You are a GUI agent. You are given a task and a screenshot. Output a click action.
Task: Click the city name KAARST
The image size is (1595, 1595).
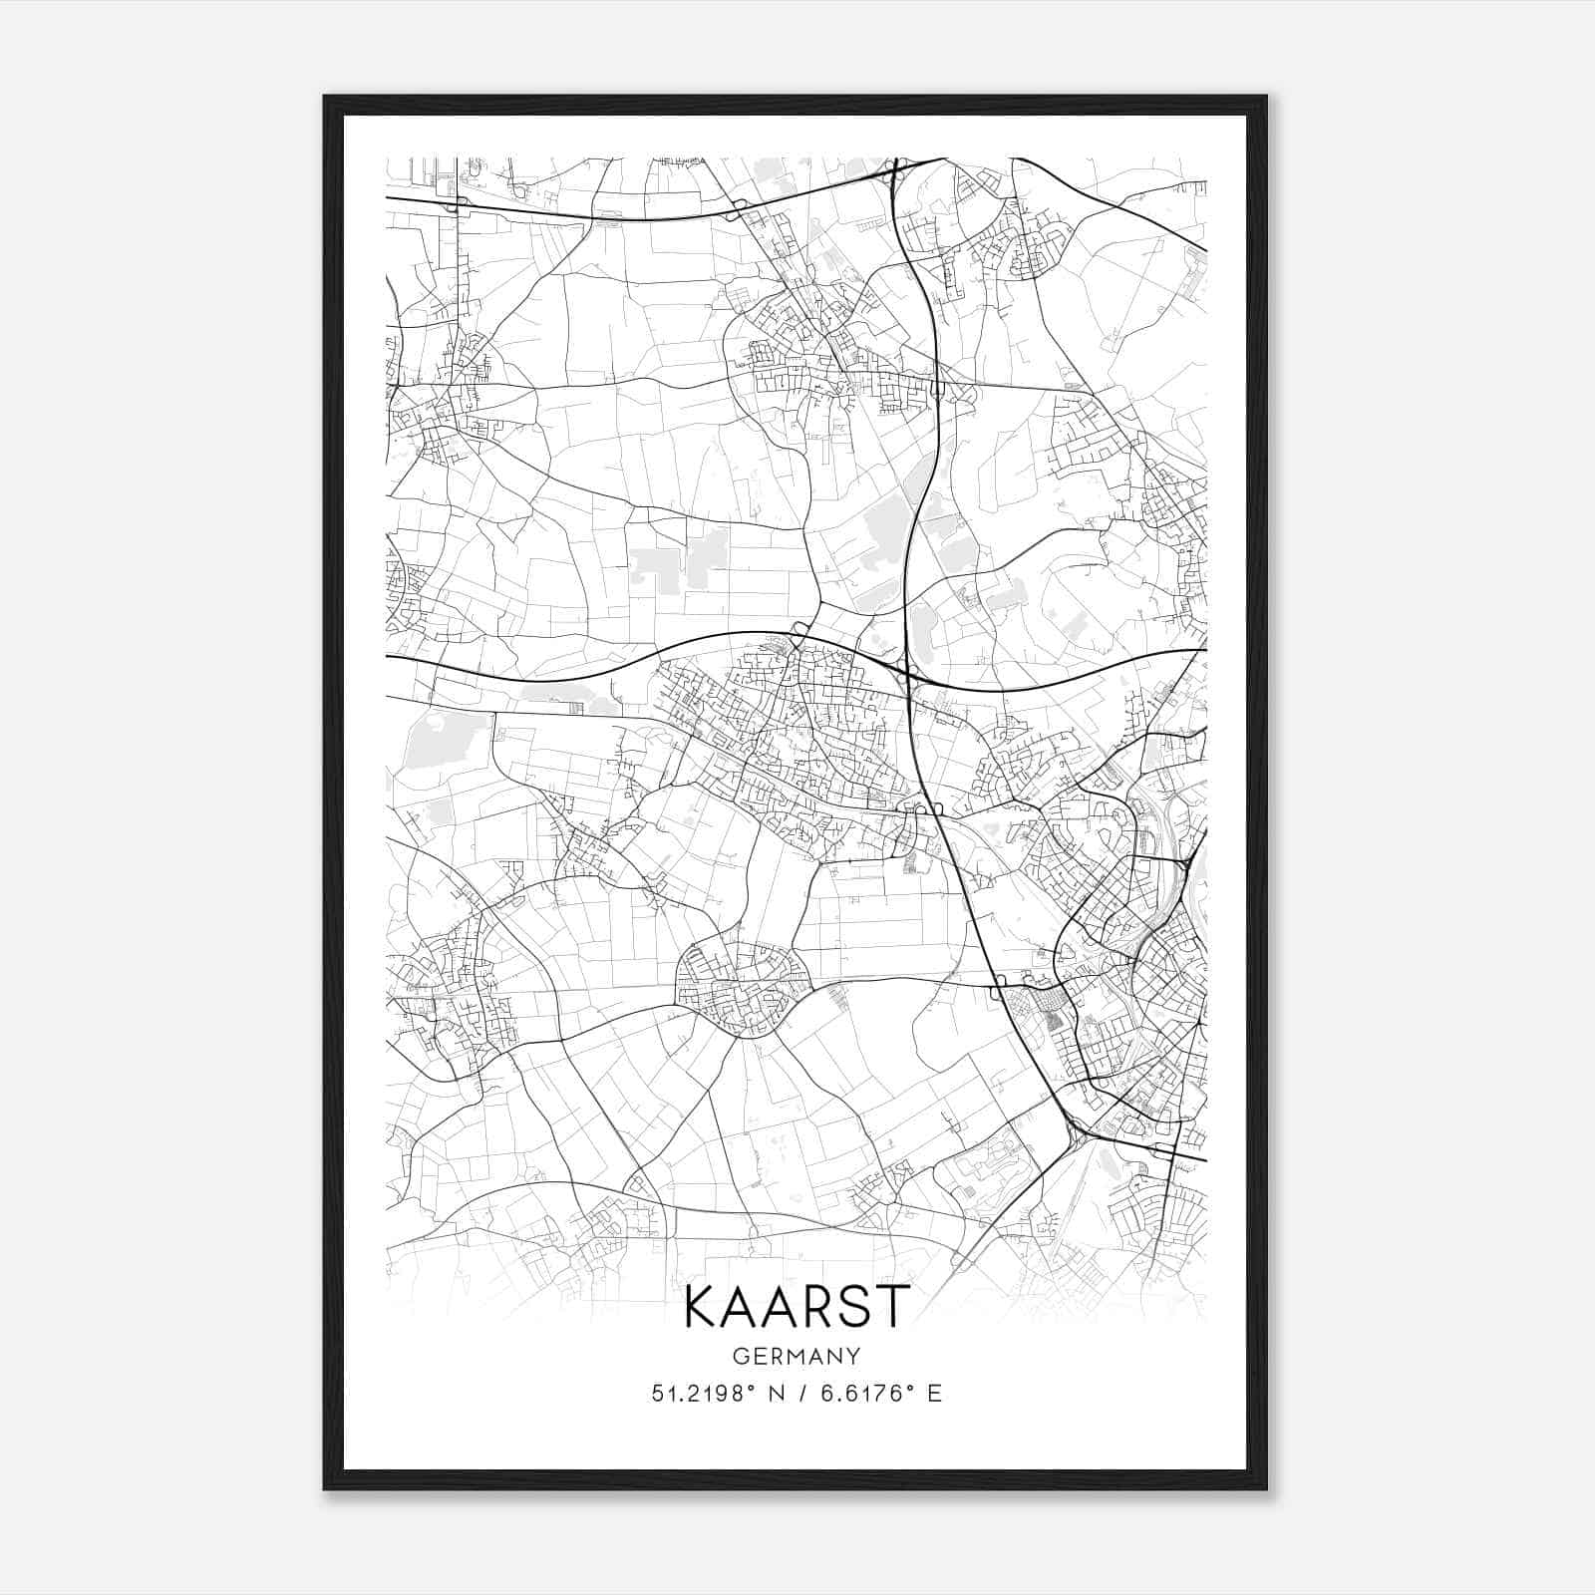(x=797, y=1307)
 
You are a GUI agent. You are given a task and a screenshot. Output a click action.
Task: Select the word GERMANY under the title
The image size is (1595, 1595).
(x=797, y=1356)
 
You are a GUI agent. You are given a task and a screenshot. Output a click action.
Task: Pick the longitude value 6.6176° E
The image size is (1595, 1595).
(x=880, y=1394)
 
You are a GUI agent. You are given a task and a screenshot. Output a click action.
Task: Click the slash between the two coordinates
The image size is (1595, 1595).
(x=802, y=1394)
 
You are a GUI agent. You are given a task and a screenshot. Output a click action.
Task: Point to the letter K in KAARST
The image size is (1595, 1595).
(x=702, y=1307)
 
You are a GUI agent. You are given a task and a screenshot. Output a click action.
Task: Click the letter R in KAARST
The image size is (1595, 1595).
(x=816, y=1307)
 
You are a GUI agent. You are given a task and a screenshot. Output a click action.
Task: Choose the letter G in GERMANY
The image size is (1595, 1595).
(x=740, y=1356)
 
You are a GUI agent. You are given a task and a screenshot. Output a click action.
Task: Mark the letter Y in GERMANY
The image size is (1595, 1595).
(x=853, y=1356)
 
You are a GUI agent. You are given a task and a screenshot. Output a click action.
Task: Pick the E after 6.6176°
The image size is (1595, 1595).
(x=934, y=1394)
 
